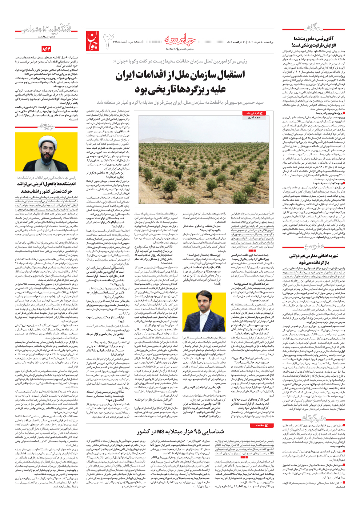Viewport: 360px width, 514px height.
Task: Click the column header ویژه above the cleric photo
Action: tap(46, 126)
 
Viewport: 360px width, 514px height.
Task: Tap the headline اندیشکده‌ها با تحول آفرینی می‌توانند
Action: tap(46, 184)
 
